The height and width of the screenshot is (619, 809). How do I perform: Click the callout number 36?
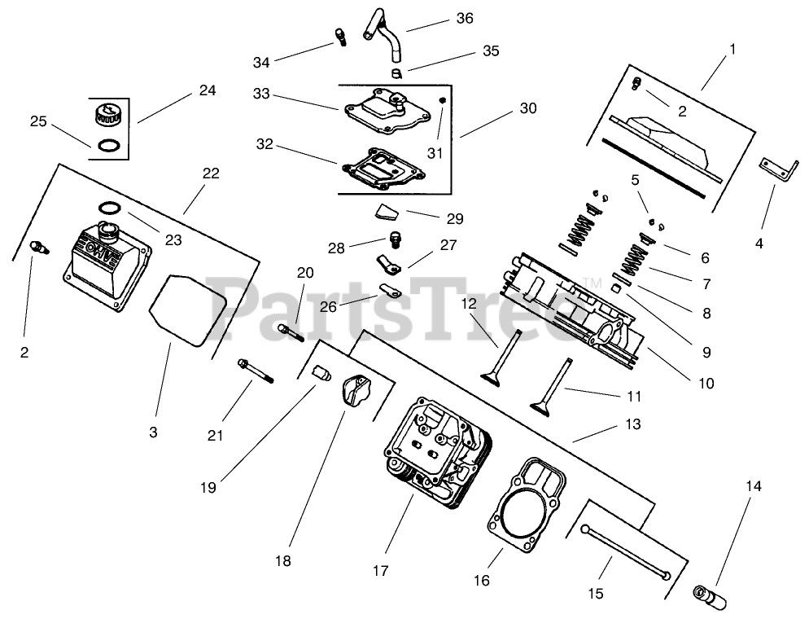465,18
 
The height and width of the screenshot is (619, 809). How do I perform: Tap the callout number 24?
207,90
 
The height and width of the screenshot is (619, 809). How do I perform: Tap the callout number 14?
753,486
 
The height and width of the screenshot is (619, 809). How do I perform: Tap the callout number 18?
282,560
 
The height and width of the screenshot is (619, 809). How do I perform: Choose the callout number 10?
705,382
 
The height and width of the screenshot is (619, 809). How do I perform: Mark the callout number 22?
211,173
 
